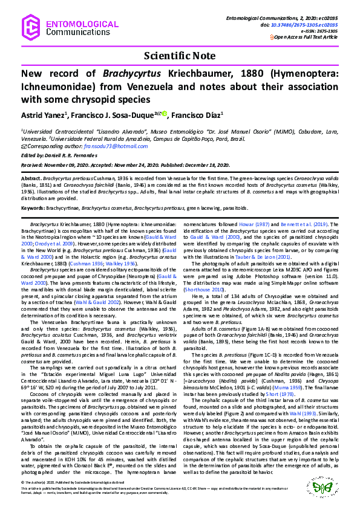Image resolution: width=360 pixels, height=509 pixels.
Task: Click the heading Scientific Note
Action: pyautogui.click(x=180, y=56)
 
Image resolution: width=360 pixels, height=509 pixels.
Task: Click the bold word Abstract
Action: pyautogui.click(x=31, y=180)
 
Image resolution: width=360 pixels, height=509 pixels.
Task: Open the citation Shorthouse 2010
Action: pyautogui.click(x=207, y=289)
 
